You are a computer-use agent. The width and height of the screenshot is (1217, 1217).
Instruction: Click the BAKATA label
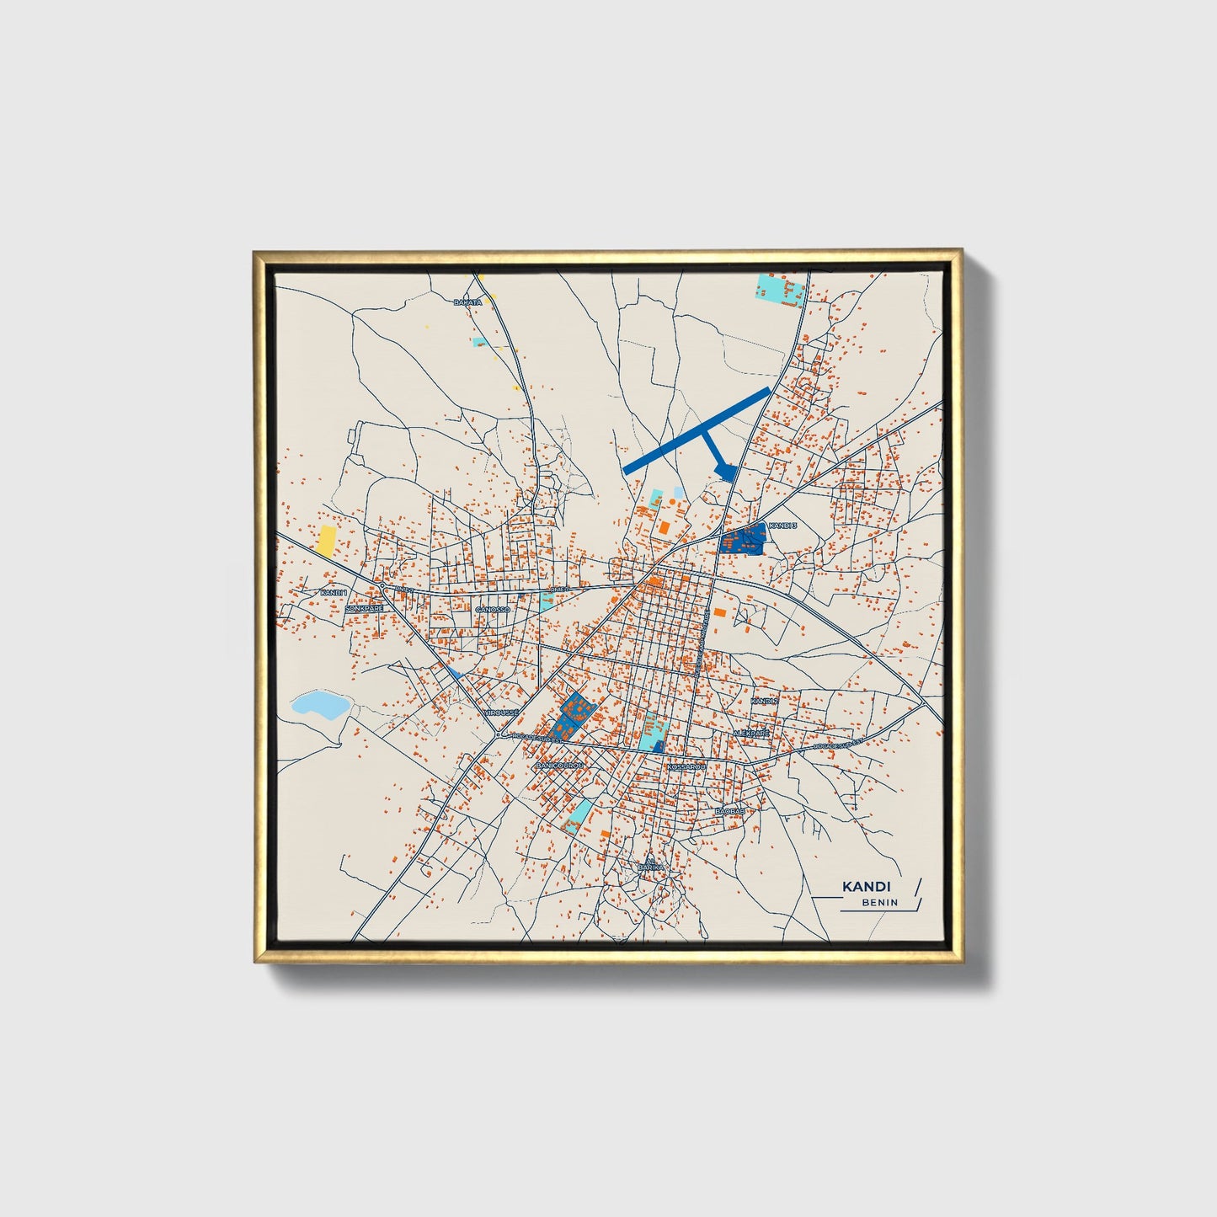pos(467,302)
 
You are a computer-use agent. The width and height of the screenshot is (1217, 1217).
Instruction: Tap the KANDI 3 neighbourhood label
pos(782,526)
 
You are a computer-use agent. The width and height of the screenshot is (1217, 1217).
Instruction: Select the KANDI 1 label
pos(334,593)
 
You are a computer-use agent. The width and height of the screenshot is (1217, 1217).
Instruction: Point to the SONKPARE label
pos(364,607)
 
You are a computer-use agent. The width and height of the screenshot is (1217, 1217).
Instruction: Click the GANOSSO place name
pos(493,609)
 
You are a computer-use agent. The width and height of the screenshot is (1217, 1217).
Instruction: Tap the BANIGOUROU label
pos(559,765)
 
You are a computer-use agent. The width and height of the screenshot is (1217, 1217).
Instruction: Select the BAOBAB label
pos(729,811)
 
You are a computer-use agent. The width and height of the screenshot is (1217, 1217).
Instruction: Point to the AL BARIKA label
pos(650,863)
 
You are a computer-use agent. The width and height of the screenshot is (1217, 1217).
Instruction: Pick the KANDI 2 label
pos(764,701)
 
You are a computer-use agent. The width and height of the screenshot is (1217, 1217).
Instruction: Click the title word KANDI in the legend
pos(866,887)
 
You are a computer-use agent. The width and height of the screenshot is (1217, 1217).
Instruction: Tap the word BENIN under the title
pos(879,903)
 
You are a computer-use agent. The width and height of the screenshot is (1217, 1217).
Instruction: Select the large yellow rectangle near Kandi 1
pos(324,540)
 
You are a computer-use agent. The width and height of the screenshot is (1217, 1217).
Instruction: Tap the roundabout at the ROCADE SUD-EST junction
pos(499,734)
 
